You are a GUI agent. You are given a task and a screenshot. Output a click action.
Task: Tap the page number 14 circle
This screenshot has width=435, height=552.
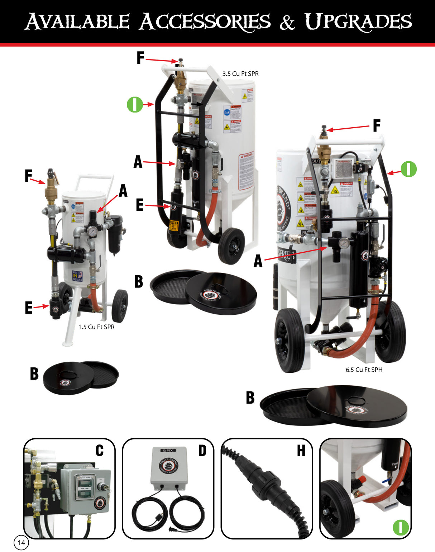[x=21, y=542]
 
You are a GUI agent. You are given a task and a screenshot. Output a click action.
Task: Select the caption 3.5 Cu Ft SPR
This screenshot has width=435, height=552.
[x=240, y=74]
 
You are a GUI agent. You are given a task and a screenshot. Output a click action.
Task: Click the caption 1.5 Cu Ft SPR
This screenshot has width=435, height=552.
[x=96, y=327]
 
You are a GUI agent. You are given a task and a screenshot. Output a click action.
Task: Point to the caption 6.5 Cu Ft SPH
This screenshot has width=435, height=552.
[x=364, y=370]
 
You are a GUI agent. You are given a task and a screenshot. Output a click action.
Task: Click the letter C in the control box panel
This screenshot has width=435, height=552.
[x=100, y=451]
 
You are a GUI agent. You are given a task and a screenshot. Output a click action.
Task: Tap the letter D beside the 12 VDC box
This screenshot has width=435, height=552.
[x=202, y=451]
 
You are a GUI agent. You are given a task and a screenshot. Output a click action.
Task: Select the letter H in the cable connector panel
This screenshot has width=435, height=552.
[x=301, y=451]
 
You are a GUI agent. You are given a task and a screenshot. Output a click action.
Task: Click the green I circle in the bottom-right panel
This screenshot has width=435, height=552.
[x=401, y=527]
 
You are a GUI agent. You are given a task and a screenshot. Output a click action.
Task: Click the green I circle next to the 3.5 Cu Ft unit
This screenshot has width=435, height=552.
[x=135, y=104]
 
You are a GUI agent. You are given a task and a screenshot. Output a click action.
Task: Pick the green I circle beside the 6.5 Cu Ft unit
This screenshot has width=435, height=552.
[x=408, y=169]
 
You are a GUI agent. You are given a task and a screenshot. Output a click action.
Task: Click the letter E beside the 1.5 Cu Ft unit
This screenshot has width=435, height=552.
[x=29, y=308]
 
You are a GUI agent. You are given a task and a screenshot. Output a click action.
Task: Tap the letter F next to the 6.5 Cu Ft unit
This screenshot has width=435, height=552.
[x=376, y=126]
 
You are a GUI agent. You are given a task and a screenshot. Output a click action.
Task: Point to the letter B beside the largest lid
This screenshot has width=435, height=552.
[x=250, y=398]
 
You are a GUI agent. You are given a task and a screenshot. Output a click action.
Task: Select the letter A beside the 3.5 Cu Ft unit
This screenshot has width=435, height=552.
[x=138, y=162]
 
